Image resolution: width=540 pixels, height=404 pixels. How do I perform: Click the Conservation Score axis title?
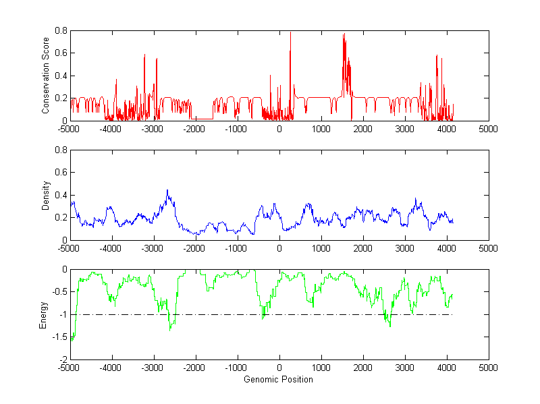pos(45,76)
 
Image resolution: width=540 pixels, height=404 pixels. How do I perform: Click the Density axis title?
pos(45,195)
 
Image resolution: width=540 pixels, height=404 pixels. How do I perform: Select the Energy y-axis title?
pos(44,314)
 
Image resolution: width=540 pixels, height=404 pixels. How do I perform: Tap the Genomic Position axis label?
pos(279,380)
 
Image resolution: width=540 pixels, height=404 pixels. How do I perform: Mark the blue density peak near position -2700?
pos(167,191)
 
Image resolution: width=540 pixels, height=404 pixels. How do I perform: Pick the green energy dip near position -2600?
pos(170,328)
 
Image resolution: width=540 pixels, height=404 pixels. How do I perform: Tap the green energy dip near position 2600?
pos(389,326)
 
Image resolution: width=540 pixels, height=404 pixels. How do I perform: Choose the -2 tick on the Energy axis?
pos(63,359)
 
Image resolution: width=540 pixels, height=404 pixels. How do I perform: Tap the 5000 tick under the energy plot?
pos(488,367)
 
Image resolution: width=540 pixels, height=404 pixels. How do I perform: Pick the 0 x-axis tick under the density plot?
pos(279,248)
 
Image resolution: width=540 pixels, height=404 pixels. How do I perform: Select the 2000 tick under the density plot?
pos(363,248)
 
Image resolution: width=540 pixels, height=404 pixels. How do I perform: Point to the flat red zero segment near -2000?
pos(202,119)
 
